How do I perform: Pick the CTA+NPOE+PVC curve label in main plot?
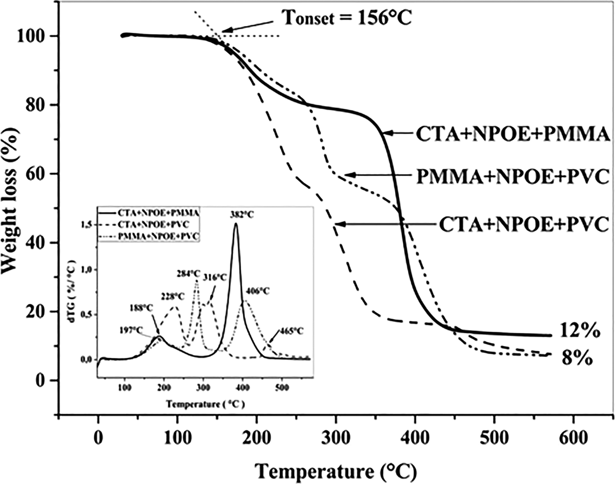[523, 225]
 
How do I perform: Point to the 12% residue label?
[579, 332]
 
